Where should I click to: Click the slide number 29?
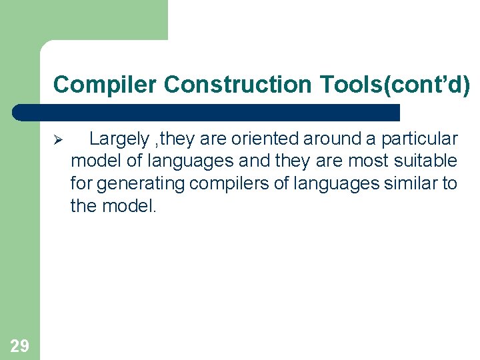click(19, 345)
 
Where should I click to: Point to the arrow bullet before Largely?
click(57, 140)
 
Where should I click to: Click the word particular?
click(419, 139)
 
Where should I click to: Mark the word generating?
click(141, 183)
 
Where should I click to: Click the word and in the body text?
click(256, 161)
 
